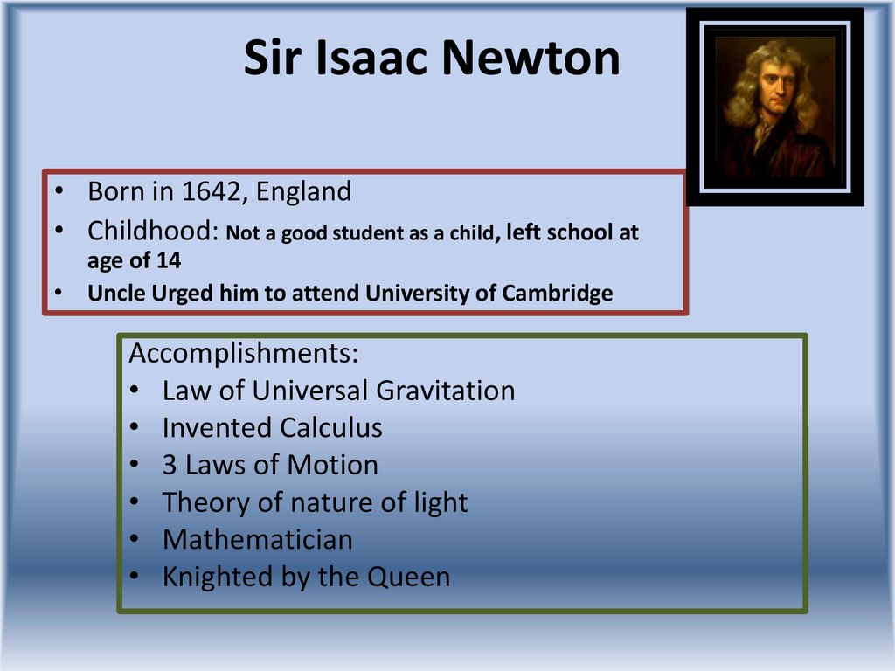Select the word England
303,191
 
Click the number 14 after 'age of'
169,260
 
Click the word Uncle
116,294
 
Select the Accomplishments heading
244,354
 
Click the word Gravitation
445,391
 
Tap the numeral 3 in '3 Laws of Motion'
169,466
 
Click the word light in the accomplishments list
441,503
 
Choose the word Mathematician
258,540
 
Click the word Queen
409,578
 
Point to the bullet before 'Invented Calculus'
134,427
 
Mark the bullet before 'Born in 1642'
59,191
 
